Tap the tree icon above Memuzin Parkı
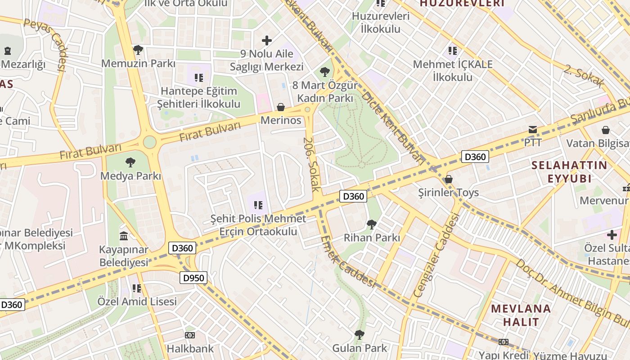click(x=138, y=49)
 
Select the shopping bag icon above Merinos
click(x=281, y=107)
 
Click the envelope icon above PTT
click(x=533, y=130)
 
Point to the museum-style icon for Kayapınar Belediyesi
click(x=124, y=236)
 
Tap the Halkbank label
click(x=190, y=348)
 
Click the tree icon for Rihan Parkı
click(x=371, y=224)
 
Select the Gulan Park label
click(x=360, y=348)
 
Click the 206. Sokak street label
click(x=310, y=164)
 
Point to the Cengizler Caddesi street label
click(x=436, y=255)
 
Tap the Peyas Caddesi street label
click(x=45, y=45)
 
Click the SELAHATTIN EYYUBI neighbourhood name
click(x=569, y=171)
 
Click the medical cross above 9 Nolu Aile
click(x=267, y=40)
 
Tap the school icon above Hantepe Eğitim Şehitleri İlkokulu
click(x=199, y=78)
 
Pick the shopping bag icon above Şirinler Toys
click(x=448, y=179)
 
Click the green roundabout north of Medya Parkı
click(x=149, y=142)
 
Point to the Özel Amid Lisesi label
click(x=137, y=301)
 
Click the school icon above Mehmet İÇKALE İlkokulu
click(x=453, y=51)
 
